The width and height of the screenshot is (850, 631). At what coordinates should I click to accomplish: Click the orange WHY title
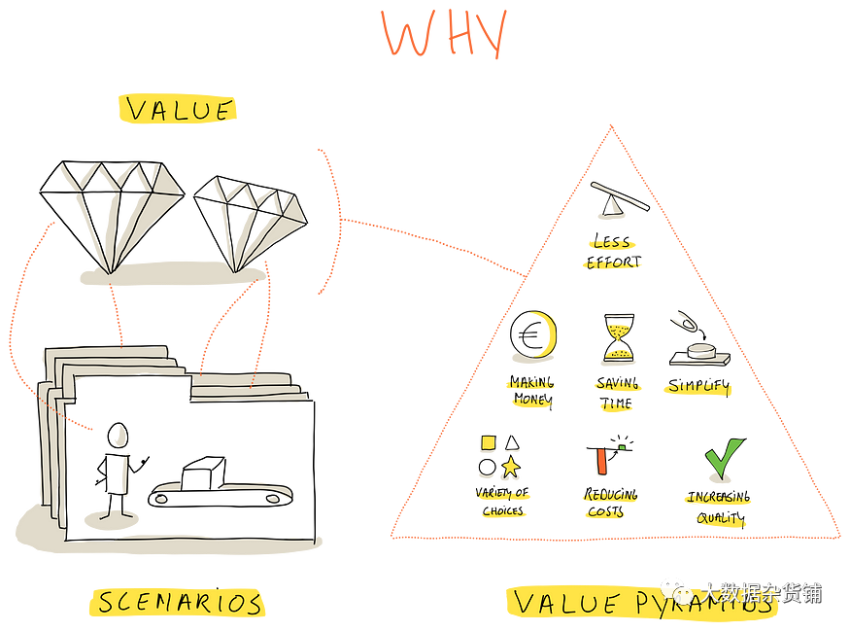[x=444, y=34]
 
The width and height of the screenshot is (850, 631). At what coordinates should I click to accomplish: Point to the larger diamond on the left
[x=119, y=209]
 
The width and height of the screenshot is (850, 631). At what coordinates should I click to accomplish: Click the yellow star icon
[x=511, y=467]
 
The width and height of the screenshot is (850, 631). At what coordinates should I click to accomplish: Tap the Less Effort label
[x=614, y=254]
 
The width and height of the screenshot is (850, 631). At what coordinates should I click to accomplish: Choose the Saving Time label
[x=616, y=397]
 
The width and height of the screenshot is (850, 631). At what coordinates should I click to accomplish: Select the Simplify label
[x=697, y=387]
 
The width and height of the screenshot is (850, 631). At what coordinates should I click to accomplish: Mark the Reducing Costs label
[x=609, y=505]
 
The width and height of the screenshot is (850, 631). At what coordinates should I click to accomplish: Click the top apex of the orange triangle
[x=611, y=130]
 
